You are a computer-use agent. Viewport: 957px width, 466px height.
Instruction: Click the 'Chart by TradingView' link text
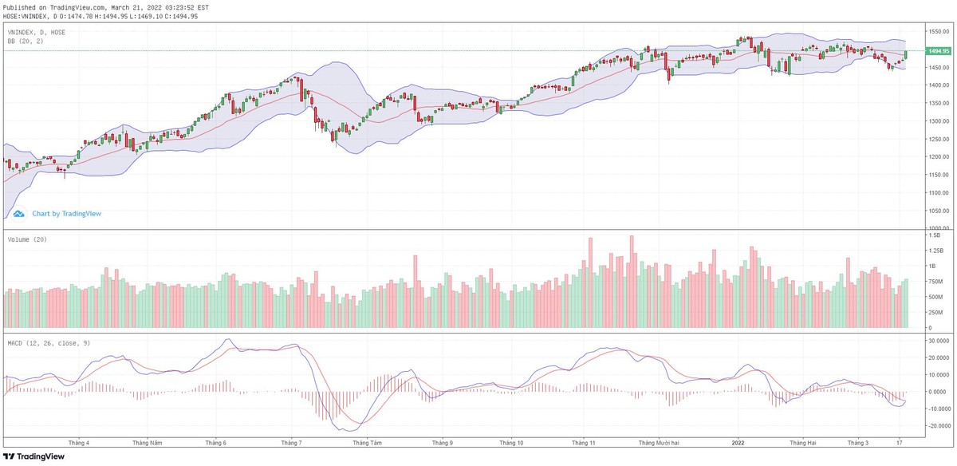pos(66,214)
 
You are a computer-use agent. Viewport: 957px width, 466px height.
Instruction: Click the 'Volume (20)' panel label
pos(26,239)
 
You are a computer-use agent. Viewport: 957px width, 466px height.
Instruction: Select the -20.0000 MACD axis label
pos(938,425)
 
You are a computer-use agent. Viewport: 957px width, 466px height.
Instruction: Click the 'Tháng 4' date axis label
pos(79,442)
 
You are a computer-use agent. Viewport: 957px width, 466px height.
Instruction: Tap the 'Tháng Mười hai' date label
pos(659,442)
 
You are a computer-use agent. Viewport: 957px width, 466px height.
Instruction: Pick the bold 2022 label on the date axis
pos(738,442)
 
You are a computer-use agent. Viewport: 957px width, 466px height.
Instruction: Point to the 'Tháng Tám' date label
pos(364,442)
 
